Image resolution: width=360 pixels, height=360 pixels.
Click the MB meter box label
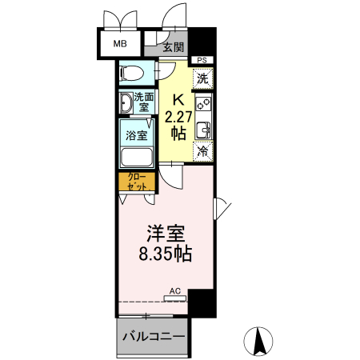tap(119, 44)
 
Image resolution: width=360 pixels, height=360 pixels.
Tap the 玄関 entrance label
tap(174, 47)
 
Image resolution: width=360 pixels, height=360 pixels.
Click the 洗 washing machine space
tap(202, 78)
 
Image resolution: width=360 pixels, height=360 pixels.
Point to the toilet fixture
tap(131, 74)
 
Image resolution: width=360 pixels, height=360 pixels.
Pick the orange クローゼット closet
tap(136, 181)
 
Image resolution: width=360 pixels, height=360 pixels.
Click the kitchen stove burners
tap(202, 102)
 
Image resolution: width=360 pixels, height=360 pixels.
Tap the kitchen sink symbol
tap(202, 128)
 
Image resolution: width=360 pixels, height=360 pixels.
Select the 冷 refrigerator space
tap(202, 150)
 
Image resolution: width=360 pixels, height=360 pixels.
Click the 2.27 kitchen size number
tap(178, 116)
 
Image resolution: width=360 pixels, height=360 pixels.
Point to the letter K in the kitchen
tap(179, 100)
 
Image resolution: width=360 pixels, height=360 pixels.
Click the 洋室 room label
tap(165, 235)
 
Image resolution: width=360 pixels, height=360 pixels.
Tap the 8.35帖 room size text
tap(166, 256)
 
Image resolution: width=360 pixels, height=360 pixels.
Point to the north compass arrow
tap(259, 342)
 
